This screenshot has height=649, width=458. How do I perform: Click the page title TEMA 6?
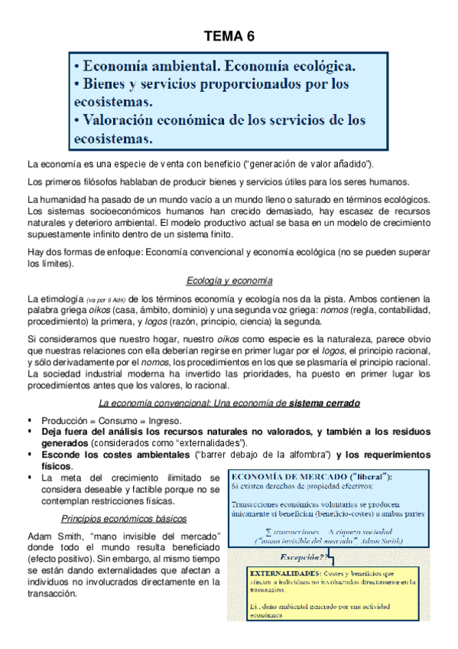click(229, 36)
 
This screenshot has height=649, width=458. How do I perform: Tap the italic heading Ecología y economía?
click(229, 280)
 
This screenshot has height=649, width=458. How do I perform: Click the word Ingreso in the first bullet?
click(164, 421)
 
